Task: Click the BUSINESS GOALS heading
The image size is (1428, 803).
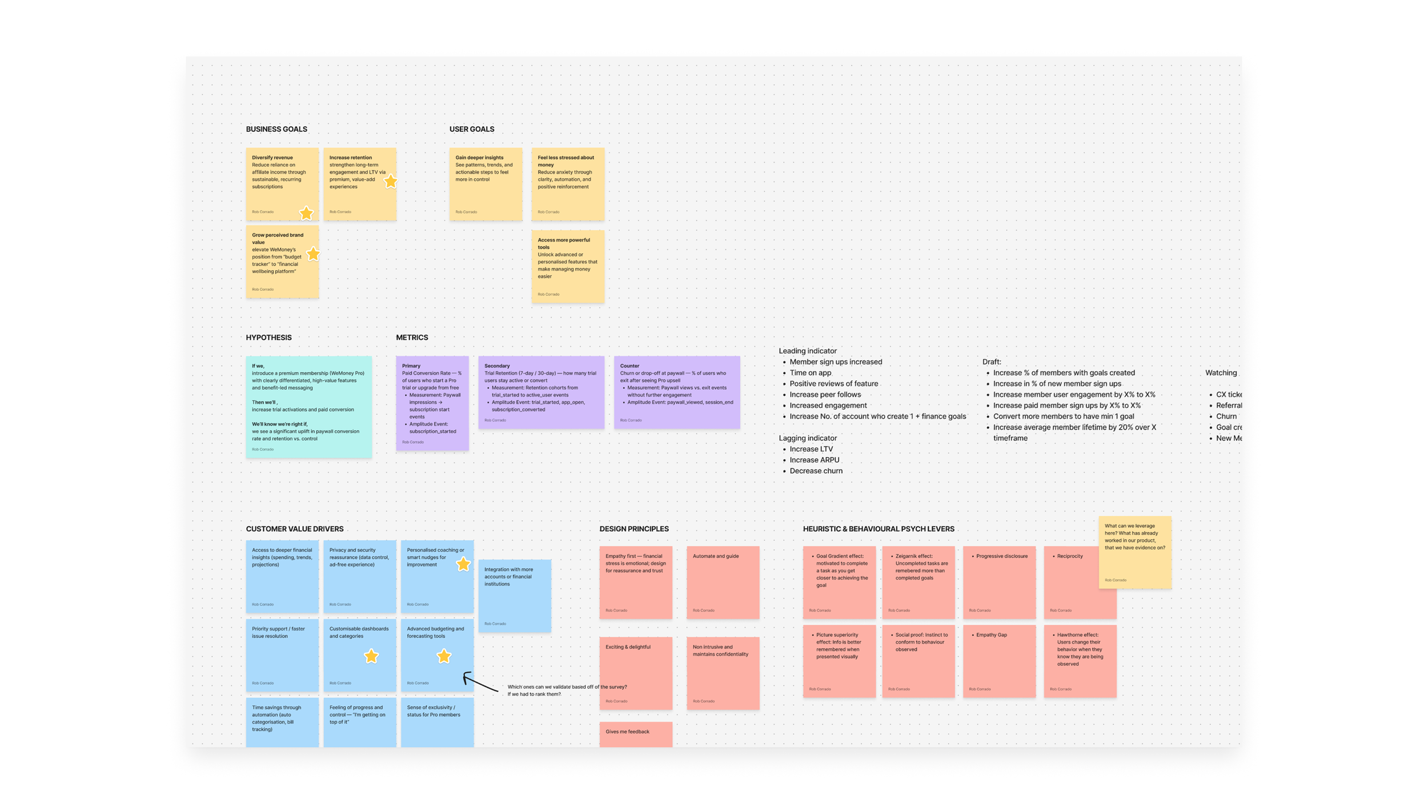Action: point(276,129)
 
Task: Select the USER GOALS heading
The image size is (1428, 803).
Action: point(471,129)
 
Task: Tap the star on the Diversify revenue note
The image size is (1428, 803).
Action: point(306,213)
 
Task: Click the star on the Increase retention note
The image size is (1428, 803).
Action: point(390,182)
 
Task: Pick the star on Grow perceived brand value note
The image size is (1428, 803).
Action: point(313,254)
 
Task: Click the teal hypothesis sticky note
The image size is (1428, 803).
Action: point(308,407)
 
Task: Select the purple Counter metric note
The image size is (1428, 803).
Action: point(676,392)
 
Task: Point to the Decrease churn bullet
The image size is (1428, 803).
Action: point(816,471)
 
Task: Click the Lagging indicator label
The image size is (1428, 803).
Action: point(807,438)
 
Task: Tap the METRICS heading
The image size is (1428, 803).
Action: point(412,338)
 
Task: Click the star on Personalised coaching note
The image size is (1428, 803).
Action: point(463,564)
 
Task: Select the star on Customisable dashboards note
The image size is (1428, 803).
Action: point(371,656)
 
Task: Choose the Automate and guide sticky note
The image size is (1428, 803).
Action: point(723,582)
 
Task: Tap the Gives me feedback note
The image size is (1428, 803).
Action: point(635,734)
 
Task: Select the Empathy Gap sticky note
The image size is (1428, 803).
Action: point(999,661)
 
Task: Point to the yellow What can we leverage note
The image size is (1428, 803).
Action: point(1134,552)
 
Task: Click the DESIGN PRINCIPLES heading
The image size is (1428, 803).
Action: point(633,529)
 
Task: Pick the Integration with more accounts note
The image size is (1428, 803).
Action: point(514,596)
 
